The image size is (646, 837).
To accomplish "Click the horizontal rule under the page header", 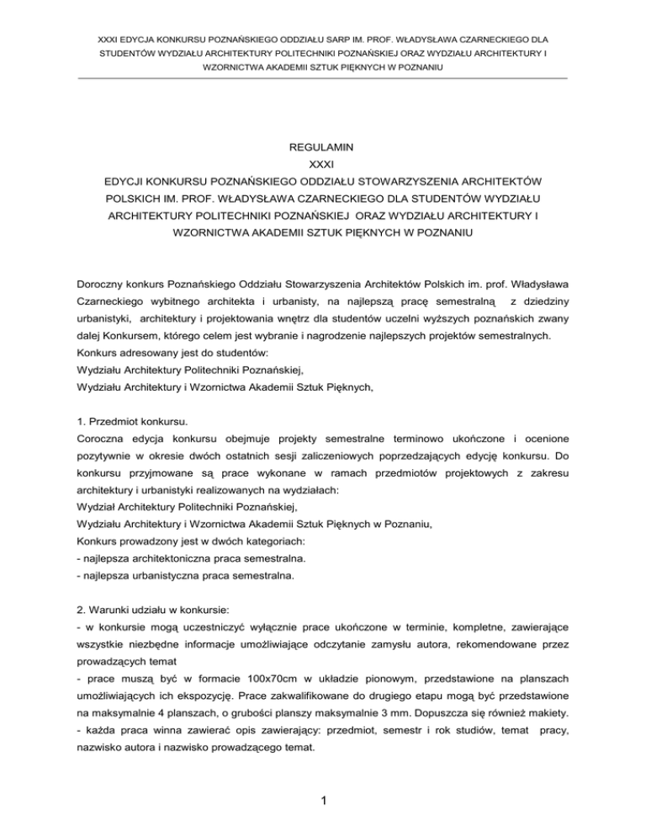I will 323,79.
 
